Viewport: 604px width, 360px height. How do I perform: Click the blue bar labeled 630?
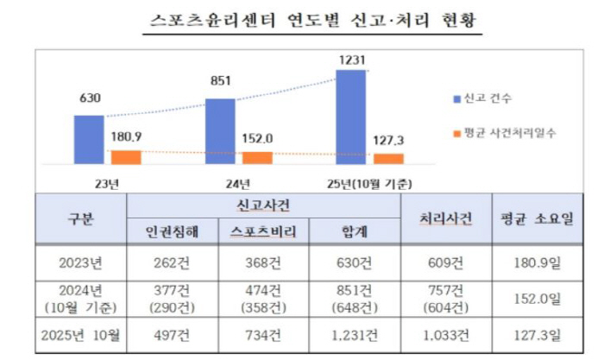88,139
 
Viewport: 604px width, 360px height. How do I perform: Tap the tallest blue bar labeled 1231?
350,117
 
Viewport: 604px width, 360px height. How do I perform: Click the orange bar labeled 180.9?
126,157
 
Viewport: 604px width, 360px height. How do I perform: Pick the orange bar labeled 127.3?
388,159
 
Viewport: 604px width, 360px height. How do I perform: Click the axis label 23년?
107,184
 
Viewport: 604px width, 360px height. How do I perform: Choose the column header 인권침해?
171,231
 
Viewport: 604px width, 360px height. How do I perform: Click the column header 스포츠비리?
261,231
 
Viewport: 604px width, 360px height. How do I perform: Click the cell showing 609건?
444,261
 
